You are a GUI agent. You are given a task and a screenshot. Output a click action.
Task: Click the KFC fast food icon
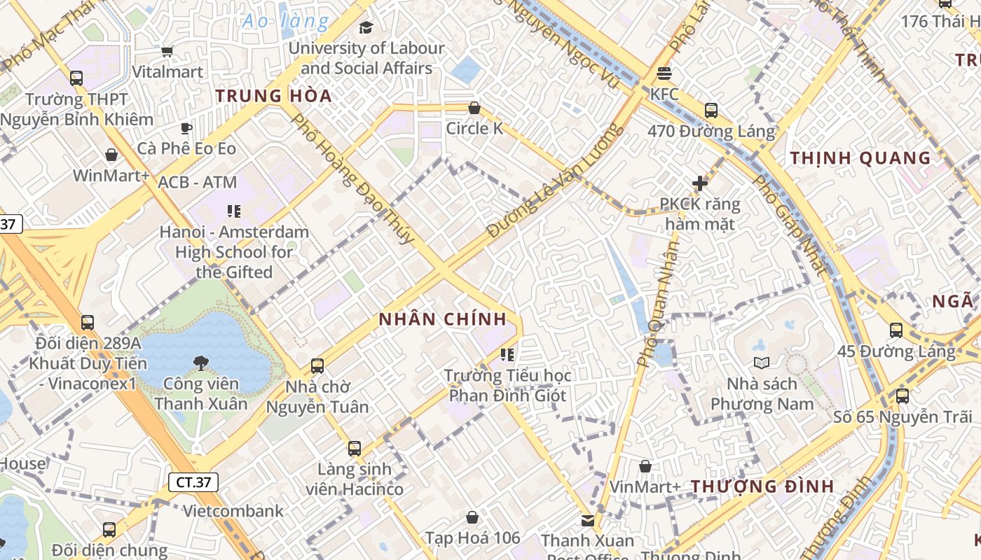pos(664,73)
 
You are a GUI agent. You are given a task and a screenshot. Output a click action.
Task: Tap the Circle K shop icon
pos(474,108)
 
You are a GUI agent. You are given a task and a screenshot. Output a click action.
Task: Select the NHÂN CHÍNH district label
pos(442,319)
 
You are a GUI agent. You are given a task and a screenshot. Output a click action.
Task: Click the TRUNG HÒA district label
pos(273,96)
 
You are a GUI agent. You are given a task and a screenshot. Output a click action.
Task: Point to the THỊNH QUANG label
pos(860,158)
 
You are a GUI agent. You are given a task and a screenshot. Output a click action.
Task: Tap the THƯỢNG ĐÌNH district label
pos(762,486)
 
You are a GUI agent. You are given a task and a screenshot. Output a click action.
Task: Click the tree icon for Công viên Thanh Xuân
pos(201,363)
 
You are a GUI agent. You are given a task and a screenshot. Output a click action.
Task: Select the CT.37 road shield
pos(193,482)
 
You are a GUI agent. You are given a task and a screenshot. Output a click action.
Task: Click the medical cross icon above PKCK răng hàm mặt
pos(699,183)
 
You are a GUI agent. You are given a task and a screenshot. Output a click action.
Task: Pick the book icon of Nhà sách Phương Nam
pos(762,363)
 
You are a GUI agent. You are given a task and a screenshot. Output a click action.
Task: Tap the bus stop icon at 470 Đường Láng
pos(711,111)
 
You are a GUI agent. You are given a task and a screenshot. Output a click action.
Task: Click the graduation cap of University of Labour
pos(366,27)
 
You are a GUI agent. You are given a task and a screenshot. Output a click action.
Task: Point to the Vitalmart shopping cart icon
pos(167,51)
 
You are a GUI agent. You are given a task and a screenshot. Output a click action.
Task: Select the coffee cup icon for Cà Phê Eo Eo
pos(186,128)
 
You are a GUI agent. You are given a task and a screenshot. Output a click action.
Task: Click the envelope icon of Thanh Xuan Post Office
pos(587,520)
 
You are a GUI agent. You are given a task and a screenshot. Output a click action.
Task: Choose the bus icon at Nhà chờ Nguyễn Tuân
pos(317,365)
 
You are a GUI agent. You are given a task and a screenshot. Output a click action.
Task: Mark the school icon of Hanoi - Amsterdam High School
pos(234,211)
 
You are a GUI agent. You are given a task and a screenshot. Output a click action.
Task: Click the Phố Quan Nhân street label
pos(659,304)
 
